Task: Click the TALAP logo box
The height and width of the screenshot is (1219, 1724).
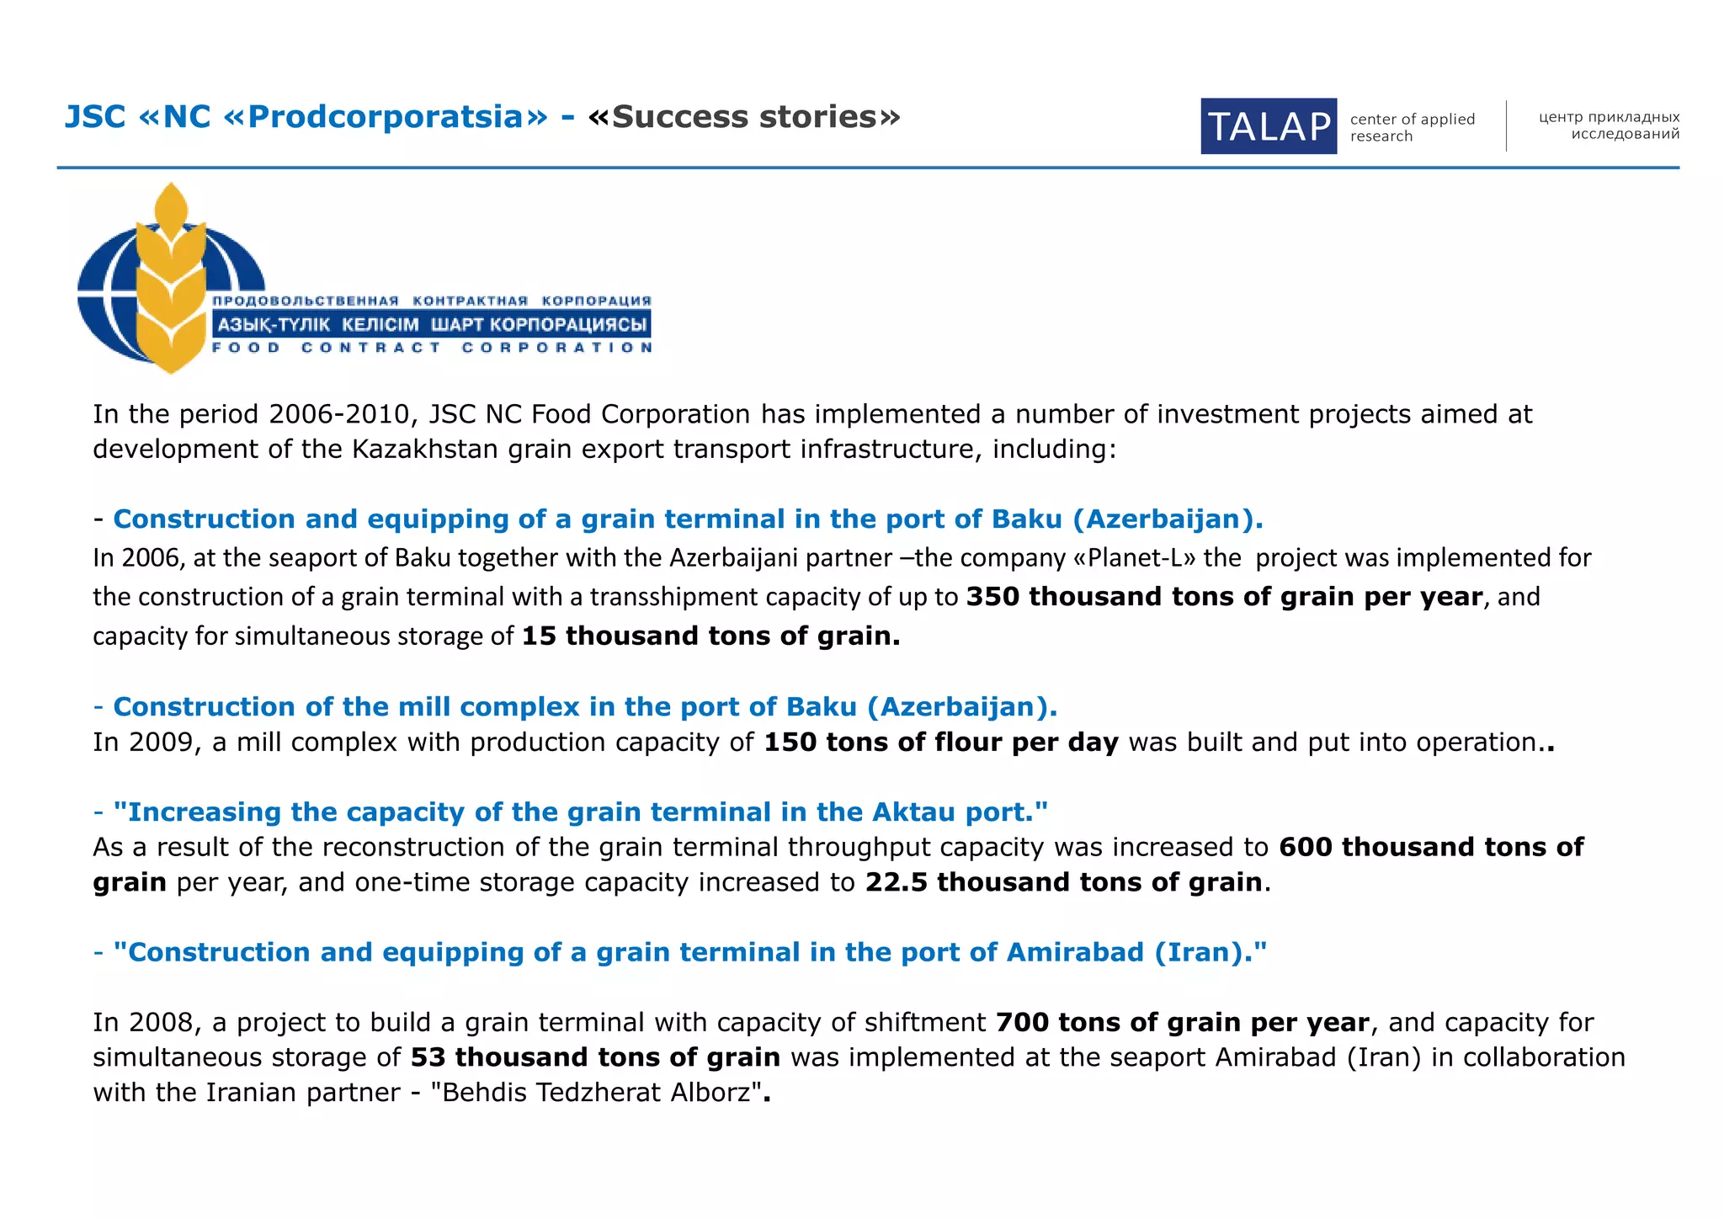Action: [1268, 126]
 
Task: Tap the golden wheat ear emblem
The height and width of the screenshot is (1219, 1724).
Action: [172, 278]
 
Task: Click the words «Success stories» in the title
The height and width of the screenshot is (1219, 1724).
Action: [744, 117]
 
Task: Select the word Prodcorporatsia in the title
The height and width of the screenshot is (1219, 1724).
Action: [397, 117]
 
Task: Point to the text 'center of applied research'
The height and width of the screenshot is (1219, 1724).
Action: [1412, 127]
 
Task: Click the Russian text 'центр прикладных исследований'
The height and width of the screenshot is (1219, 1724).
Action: [1608, 125]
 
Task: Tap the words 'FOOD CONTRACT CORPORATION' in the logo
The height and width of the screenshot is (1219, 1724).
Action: [432, 348]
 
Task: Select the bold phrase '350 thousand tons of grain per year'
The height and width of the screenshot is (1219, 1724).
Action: [1224, 596]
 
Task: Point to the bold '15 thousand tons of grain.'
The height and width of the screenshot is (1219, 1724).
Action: [710, 636]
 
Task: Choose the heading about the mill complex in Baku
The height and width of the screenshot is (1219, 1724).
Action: [584, 706]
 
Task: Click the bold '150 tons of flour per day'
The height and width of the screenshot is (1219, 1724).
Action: [940, 742]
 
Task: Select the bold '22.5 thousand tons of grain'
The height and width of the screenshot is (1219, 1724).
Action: [1064, 881]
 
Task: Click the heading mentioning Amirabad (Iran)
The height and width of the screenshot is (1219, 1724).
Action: [689, 952]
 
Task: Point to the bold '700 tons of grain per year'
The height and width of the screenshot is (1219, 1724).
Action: [1183, 1022]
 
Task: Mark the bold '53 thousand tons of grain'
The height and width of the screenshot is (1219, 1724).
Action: [595, 1057]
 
